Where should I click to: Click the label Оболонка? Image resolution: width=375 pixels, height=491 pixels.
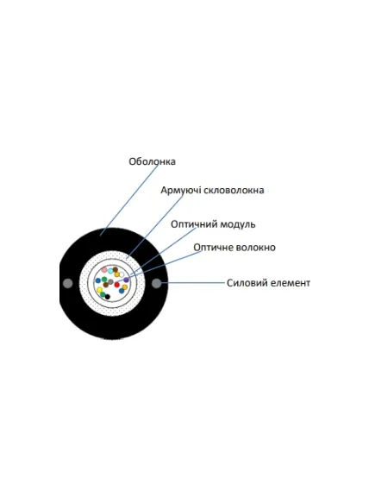152,161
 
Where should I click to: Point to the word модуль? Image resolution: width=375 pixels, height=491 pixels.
238,224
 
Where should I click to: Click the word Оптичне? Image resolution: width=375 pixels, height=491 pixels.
213,248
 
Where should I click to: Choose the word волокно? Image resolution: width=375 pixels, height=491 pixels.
255,248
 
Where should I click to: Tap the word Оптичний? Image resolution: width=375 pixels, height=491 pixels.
194,224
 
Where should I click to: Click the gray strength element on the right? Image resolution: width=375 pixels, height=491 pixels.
156,283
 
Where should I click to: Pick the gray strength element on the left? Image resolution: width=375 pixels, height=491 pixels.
67,283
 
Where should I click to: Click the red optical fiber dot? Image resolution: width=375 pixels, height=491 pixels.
117,285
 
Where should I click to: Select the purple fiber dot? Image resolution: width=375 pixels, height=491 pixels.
126,280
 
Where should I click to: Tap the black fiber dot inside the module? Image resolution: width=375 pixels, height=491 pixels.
108,297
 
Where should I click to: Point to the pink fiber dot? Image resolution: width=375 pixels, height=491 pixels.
104,269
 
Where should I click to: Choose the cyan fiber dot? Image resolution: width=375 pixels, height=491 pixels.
110,271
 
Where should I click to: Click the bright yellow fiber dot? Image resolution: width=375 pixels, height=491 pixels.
100,290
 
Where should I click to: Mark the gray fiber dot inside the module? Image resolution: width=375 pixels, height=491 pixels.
110,281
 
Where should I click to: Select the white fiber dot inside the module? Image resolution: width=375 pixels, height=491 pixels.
122,274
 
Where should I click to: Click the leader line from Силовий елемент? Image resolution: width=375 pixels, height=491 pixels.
193,283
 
